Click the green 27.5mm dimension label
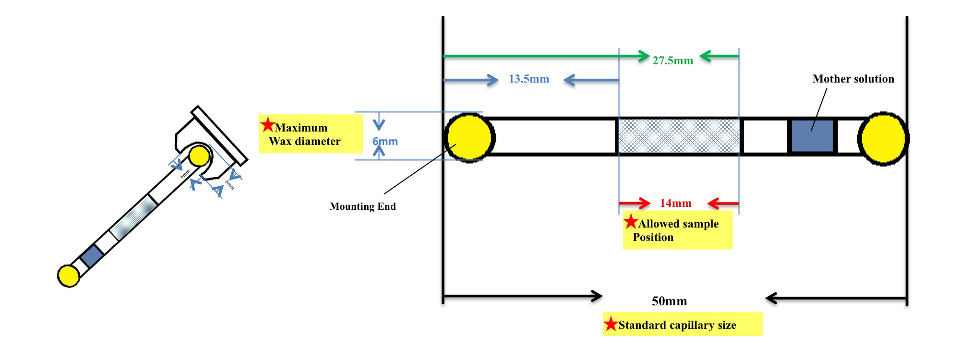672,60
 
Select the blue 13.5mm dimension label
528,79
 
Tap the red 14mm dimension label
675,203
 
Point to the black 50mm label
669,301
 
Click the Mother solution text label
853,79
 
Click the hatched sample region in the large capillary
679,136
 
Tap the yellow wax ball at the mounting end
469,138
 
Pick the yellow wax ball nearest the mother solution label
883,139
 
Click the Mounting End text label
362,206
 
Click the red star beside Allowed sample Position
631,222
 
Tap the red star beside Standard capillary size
611,324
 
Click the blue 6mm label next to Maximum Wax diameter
385,142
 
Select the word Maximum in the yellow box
301,128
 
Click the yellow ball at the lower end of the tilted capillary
68,276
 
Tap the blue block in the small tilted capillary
92,255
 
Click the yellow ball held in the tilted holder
199,156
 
